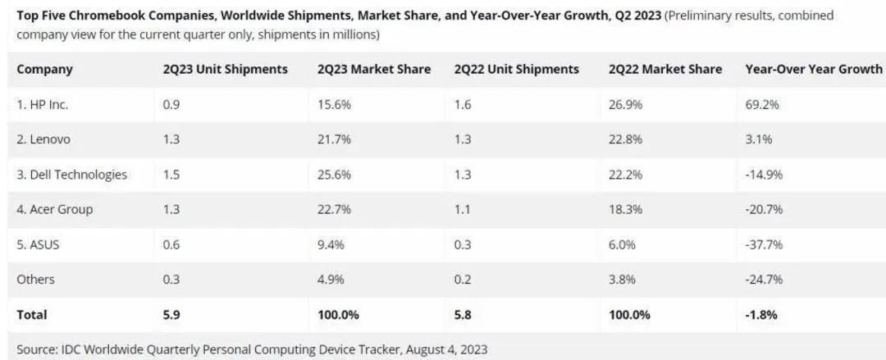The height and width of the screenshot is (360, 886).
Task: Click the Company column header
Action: click(44, 70)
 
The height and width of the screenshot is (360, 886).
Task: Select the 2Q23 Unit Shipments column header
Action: click(225, 69)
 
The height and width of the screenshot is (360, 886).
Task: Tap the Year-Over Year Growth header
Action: click(814, 69)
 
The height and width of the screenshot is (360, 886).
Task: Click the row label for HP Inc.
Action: click(43, 104)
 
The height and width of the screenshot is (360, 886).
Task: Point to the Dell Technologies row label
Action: click(71, 175)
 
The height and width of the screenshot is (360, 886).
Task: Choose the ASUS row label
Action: click(38, 244)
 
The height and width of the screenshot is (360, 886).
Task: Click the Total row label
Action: click(32, 315)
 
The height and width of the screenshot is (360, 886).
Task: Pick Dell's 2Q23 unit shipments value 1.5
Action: click(171, 175)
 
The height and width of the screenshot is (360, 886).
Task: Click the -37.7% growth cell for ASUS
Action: click(764, 244)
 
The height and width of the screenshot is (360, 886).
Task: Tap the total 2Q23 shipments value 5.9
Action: click(171, 315)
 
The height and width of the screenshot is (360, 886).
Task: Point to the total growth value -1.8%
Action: click(761, 315)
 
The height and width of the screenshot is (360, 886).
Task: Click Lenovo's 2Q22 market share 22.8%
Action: click(625, 139)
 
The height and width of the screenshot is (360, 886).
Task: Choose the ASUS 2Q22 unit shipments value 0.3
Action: click(462, 244)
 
